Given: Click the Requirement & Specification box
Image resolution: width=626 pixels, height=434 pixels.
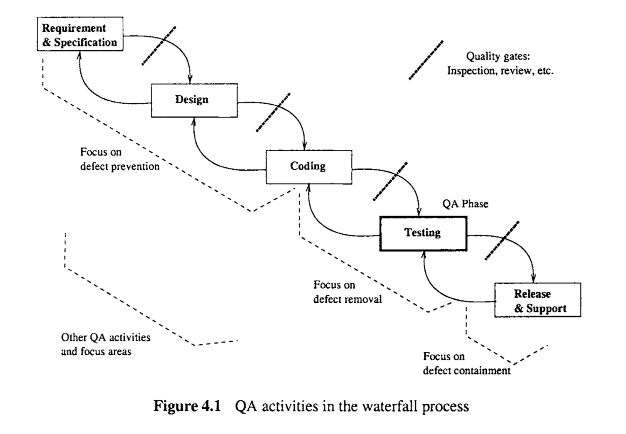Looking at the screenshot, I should click(80, 34).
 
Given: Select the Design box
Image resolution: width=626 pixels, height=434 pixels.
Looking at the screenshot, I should click(194, 100).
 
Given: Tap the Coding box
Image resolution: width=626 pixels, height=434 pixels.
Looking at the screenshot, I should click(309, 167).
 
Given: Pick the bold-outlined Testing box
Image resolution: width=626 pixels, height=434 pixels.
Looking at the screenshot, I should click(423, 233).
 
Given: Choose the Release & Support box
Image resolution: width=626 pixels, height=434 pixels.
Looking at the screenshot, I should click(538, 300).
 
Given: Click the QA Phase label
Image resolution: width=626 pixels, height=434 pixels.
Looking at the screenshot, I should click(466, 204).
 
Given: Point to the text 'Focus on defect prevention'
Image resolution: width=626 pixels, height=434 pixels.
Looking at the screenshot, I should click(120, 159).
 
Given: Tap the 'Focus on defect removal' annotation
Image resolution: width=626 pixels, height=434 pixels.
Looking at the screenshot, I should click(347, 292).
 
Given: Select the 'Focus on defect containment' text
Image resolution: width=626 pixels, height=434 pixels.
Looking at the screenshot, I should click(466, 363).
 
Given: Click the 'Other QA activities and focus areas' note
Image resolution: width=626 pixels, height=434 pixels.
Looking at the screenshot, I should click(106, 344).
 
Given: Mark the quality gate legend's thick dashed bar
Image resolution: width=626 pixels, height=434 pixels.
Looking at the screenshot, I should click(426, 60).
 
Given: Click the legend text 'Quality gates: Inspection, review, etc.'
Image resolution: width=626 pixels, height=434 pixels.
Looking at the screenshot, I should click(500, 64).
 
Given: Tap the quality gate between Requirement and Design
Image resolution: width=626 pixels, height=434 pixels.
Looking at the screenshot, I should click(159, 46).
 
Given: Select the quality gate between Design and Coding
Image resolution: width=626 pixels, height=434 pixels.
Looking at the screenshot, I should click(273, 112).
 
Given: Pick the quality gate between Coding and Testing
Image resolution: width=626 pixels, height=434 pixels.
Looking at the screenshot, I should click(390, 181).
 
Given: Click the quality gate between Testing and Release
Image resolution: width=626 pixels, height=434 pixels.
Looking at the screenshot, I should click(502, 240).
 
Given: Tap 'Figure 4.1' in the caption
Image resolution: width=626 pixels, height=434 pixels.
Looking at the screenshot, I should click(187, 406).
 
